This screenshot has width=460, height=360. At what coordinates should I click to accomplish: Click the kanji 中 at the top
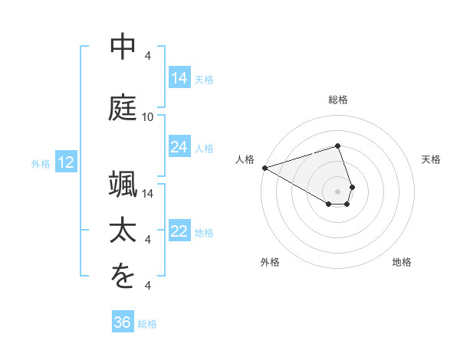[123, 47]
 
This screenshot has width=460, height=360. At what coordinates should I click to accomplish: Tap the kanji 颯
[123, 184]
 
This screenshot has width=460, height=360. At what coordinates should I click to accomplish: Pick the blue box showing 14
[179, 77]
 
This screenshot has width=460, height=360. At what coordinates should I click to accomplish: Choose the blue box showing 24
[179, 147]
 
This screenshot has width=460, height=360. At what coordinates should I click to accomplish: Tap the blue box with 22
[179, 232]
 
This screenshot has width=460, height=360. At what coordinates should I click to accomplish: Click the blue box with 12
[65, 162]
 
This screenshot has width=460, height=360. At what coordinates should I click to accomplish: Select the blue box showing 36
[123, 322]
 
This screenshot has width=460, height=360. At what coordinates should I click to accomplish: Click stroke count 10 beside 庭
[148, 117]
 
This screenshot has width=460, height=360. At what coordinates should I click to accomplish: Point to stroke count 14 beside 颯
[148, 193]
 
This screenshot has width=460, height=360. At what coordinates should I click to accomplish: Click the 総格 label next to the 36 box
[147, 324]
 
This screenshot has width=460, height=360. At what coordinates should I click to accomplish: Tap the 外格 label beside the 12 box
[41, 163]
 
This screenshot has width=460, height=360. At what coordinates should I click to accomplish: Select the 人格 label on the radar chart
[245, 159]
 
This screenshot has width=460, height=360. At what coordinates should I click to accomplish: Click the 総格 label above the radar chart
[338, 100]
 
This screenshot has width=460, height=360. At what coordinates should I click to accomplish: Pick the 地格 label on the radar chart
[402, 262]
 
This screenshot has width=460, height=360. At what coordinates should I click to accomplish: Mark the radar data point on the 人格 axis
[264, 167]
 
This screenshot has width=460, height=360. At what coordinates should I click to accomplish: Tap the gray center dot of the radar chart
[338, 191]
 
